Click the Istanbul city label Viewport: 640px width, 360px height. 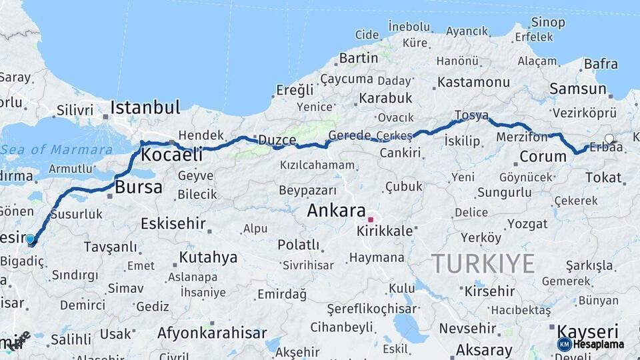145,107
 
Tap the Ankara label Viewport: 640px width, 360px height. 336,211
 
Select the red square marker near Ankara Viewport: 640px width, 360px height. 370,219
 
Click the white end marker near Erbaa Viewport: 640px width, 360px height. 609,139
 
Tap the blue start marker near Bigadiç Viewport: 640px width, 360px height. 30,239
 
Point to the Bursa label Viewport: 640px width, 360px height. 139,188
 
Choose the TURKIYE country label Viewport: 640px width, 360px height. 483,264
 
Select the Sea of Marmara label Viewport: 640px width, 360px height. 57,149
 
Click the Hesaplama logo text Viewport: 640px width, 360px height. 600,344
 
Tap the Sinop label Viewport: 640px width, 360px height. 548,23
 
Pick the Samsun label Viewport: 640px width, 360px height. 578,89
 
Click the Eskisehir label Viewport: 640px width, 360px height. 173,223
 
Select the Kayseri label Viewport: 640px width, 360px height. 587,331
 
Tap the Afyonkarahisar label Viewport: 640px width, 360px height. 212,333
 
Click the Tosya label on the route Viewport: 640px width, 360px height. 471,115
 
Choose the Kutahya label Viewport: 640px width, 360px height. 208,257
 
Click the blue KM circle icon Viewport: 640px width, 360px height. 565,344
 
